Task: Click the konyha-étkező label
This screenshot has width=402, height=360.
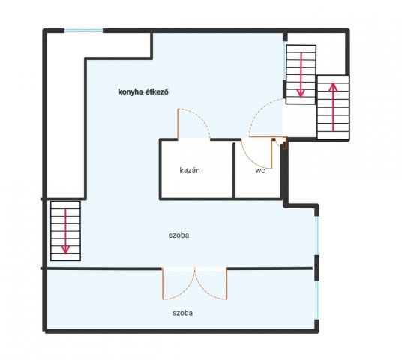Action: click(143, 91)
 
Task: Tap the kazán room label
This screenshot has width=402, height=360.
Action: click(190, 170)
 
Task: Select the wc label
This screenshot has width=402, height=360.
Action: click(260, 171)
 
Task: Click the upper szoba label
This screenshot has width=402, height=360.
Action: click(179, 235)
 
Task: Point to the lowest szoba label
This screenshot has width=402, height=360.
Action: click(182, 313)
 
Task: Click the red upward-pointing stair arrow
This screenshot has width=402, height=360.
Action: click(333, 107)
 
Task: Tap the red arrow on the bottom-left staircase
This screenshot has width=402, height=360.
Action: click(66, 231)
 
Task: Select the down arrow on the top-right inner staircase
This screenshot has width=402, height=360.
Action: click(301, 75)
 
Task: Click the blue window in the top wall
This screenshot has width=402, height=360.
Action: click(83, 31)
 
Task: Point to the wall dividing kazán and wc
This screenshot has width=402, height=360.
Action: click(234, 170)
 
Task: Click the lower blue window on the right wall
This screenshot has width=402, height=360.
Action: click(317, 300)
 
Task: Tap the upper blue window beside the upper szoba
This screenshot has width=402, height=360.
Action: click(317, 235)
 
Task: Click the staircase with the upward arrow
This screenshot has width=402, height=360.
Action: click(333, 107)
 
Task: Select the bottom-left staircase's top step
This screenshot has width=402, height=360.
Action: click(66, 205)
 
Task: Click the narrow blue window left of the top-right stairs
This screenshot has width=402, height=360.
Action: click(284, 61)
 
